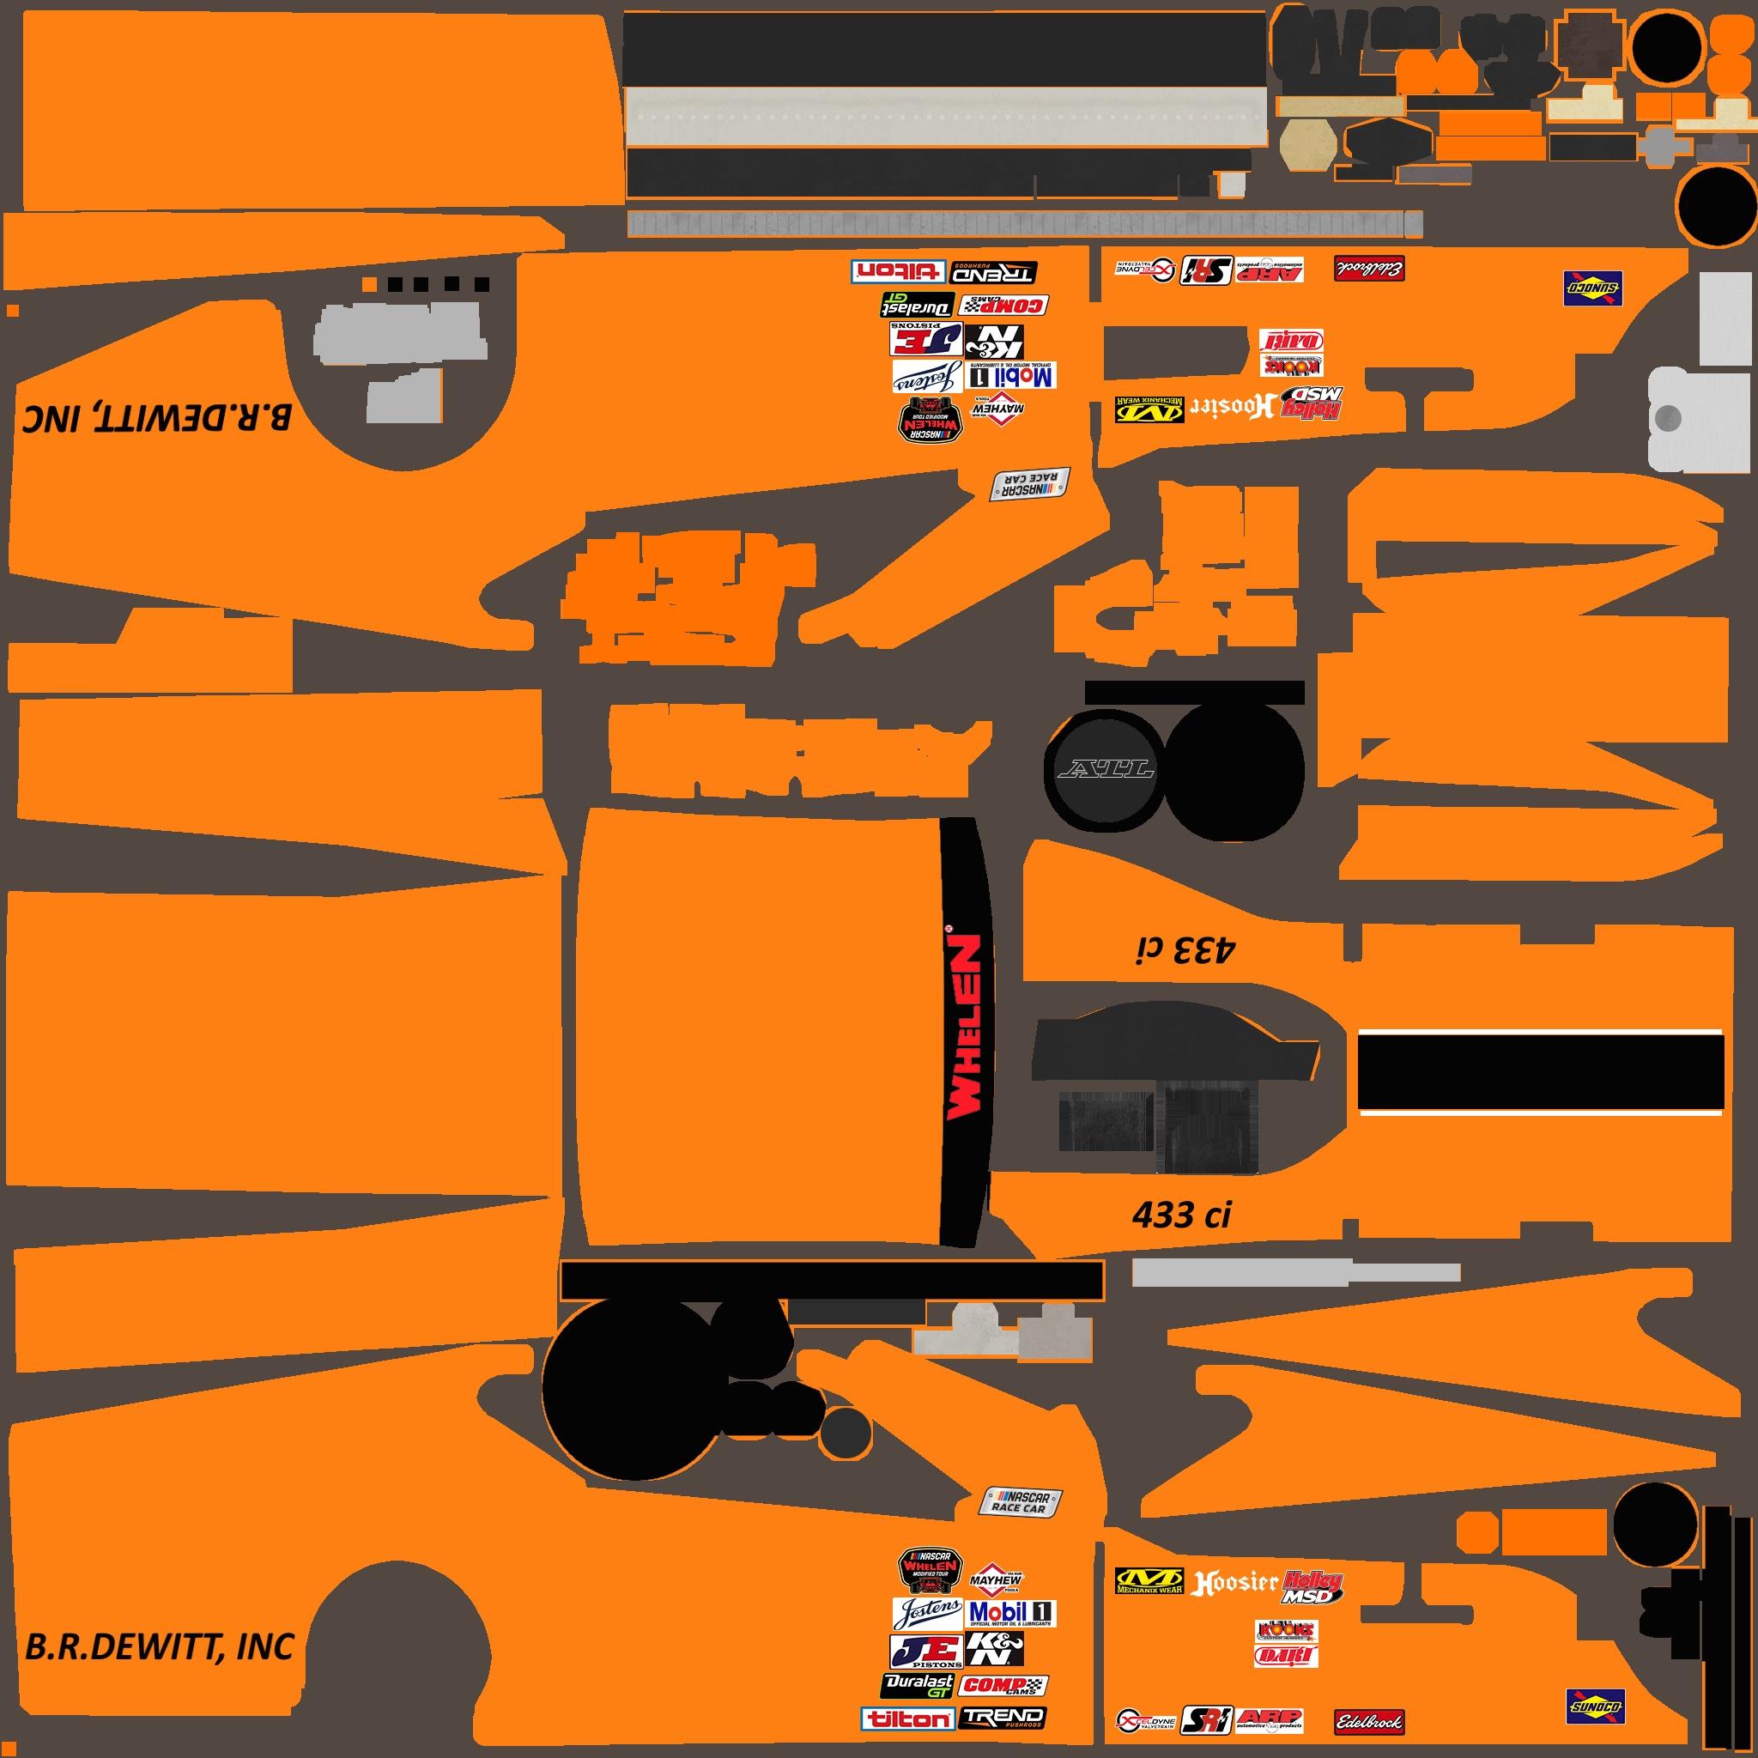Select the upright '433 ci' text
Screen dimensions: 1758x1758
coord(1181,1215)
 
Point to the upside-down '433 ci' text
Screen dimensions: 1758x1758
coord(1185,951)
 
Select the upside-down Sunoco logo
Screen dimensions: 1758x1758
coord(1592,288)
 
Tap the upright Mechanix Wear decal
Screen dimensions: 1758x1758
coord(1149,1581)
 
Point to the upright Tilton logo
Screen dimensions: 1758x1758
coord(907,1718)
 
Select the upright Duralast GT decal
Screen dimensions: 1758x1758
coord(918,1685)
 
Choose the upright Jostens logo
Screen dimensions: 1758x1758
coord(926,1613)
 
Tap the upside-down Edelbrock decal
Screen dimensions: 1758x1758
coord(1369,269)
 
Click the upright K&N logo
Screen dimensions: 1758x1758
coord(995,1649)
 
